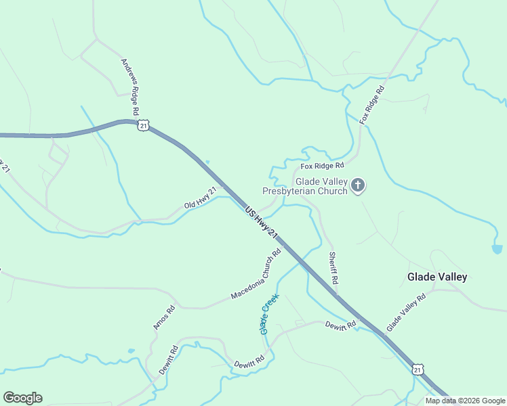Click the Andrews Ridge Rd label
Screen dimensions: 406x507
click(x=130, y=86)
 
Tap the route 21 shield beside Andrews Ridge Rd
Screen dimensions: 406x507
click(x=142, y=125)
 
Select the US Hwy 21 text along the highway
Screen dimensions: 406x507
click(x=262, y=223)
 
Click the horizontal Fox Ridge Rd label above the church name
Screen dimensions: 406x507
click(x=323, y=165)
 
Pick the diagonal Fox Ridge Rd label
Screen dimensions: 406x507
click(x=372, y=104)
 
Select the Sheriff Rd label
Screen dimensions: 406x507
click(x=333, y=268)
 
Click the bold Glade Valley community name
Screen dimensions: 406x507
click(x=437, y=277)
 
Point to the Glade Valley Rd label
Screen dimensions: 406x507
click(x=406, y=312)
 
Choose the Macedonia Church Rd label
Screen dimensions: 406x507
click(x=256, y=275)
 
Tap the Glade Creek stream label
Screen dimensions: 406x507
click(x=269, y=313)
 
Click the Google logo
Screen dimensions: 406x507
click(x=22, y=398)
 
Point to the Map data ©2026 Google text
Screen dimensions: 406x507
click(x=466, y=401)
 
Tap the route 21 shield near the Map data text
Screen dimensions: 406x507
click(x=418, y=369)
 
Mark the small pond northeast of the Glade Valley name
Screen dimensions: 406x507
click(x=498, y=249)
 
